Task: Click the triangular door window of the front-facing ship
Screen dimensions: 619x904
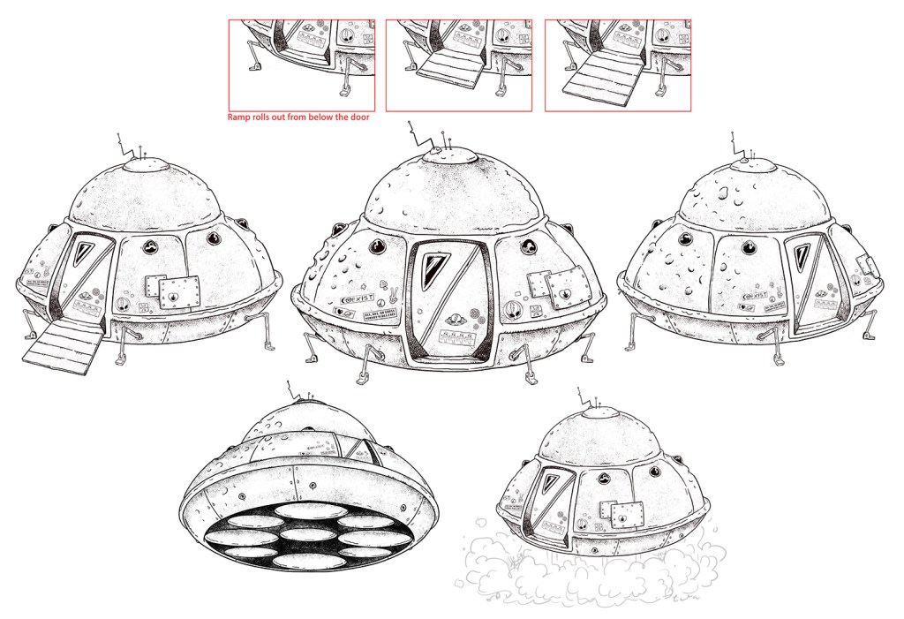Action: pos(436,263)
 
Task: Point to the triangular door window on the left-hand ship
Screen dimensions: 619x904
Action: pos(90,253)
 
